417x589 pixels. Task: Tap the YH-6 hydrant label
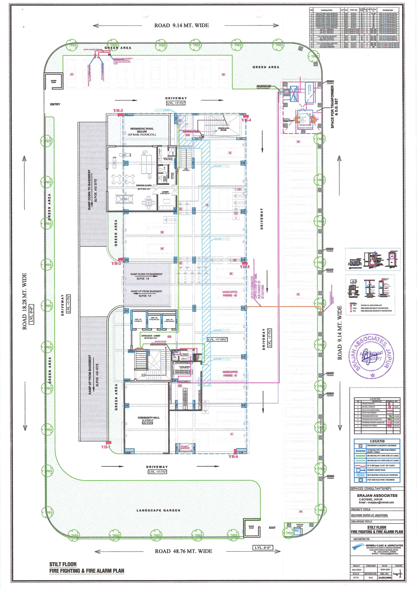(x=233, y=456)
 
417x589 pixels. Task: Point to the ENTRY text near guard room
(x=55, y=104)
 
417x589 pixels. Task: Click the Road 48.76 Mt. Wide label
(x=183, y=551)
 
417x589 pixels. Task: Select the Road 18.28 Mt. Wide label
(x=25, y=301)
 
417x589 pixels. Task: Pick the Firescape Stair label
(x=223, y=129)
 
